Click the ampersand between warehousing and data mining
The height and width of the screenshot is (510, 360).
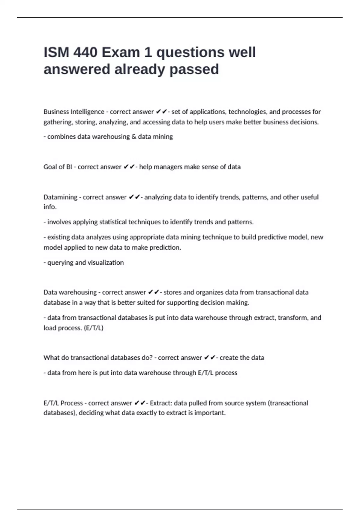tap(134, 136)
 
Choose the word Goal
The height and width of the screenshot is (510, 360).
tap(50, 167)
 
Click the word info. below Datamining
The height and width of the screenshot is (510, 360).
tap(50, 207)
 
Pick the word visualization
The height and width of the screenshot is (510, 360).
tap(106, 262)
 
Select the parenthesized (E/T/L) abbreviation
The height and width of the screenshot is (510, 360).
tap(94, 328)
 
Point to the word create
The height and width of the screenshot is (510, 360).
tap(228, 358)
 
